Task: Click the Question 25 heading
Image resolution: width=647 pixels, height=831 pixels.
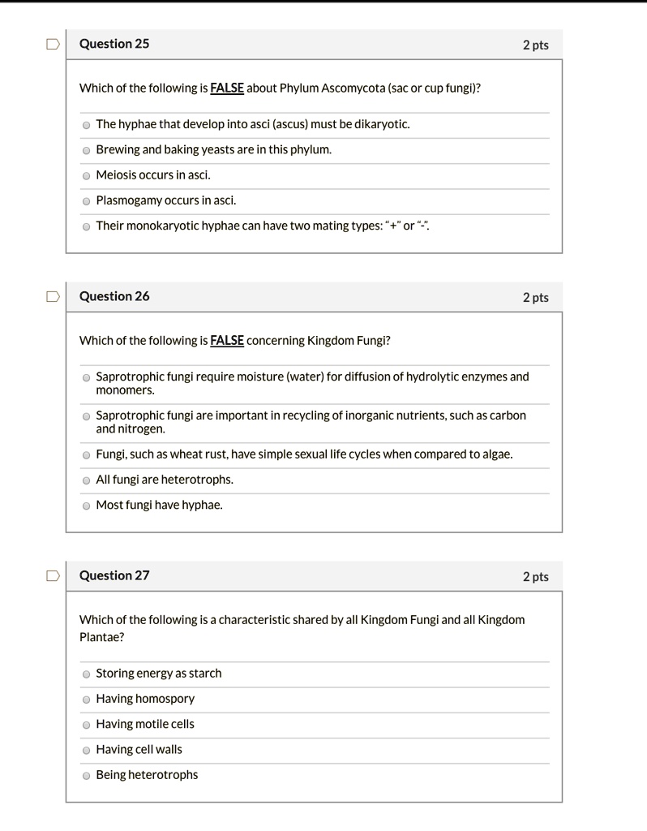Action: (114, 44)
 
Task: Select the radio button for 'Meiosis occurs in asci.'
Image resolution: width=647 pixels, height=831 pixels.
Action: (86, 175)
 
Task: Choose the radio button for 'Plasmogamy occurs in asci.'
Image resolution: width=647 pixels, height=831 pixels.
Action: (86, 201)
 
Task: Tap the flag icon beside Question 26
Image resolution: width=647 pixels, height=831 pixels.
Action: (53, 297)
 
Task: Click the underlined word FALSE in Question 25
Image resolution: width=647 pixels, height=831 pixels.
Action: (227, 88)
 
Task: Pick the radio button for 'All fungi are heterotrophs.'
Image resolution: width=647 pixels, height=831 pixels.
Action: (86, 480)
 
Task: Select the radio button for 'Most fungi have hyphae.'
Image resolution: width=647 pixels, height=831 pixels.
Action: (86, 506)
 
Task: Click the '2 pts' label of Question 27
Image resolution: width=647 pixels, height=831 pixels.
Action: (535, 577)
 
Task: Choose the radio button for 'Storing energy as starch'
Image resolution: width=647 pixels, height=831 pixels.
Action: (86, 674)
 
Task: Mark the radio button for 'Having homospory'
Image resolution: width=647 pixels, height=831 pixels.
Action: (86, 700)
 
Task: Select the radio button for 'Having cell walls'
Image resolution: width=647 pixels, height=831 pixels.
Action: (86, 751)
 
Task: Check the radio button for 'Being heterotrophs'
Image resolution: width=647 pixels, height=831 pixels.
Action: (86, 776)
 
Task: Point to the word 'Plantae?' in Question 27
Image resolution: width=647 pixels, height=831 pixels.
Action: (102, 637)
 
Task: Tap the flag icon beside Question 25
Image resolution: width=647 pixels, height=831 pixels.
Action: (53, 45)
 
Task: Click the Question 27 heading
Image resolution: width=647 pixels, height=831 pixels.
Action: (114, 575)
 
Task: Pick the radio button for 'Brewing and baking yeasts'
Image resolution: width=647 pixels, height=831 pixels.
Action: (86, 150)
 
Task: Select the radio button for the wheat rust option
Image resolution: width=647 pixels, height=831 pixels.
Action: (86, 455)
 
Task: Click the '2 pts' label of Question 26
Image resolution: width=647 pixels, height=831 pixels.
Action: (535, 298)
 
